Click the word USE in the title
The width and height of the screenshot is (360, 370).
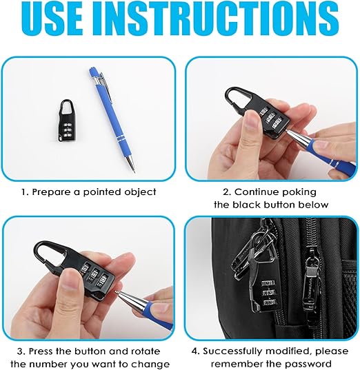[52, 18]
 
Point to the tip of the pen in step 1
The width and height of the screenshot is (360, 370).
[134, 172]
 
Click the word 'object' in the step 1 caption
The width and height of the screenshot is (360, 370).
[139, 192]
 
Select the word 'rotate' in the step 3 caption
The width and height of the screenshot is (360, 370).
[146, 351]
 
